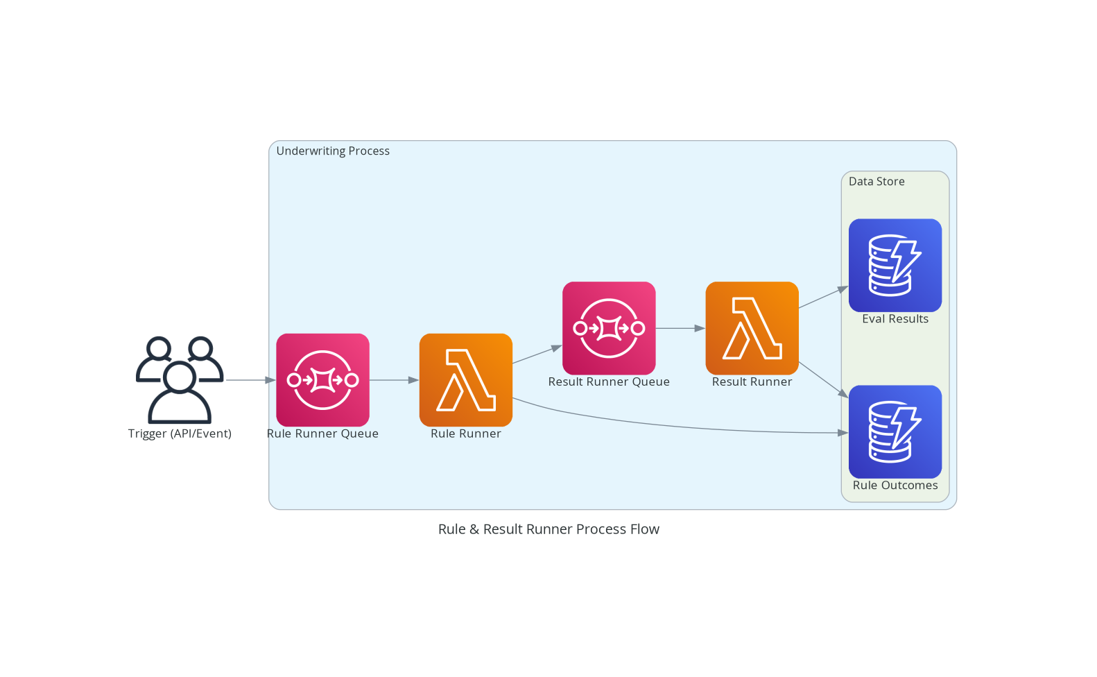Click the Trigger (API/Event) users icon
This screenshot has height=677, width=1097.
coord(180,379)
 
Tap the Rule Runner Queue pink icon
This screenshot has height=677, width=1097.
coord(322,379)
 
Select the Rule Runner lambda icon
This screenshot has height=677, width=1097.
coord(465,379)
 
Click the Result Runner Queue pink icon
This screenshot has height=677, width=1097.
coord(609,327)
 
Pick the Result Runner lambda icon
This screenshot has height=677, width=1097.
coord(752,327)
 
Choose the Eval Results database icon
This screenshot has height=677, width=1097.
coord(895,265)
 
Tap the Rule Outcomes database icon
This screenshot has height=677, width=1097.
coord(895,431)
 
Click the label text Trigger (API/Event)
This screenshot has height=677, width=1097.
coord(180,434)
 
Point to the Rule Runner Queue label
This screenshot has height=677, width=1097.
coord(322,434)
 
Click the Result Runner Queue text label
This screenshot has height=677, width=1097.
coord(609,382)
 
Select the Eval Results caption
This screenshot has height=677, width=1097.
coord(895,319)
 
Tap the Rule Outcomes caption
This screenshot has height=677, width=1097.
coord(895,486)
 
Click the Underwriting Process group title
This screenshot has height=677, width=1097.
coord(333,151)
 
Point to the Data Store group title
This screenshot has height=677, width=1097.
coord(876,182)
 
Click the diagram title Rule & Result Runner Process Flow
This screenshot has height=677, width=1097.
coord(548,529)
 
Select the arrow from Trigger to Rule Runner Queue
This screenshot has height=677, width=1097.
coord(250,380)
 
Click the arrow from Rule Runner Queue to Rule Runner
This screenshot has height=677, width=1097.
coord(394,380)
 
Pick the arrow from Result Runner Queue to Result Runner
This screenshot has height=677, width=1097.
coord(680,328)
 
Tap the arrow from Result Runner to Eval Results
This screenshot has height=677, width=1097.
coord(823,298)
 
